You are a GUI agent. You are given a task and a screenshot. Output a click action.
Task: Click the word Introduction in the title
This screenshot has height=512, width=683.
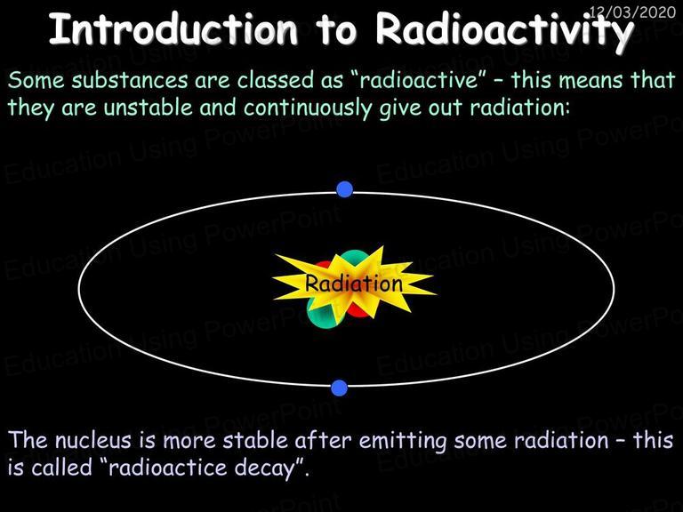(173, 28)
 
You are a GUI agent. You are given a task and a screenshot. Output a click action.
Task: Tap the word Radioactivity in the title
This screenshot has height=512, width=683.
(504, 31)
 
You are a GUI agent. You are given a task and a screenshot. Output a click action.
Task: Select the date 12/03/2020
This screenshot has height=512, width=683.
(633, 12)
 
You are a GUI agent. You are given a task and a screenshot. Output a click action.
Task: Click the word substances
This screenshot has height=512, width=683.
(130, 80)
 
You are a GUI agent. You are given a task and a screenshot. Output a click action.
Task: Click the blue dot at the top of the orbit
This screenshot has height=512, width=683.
(344, 189)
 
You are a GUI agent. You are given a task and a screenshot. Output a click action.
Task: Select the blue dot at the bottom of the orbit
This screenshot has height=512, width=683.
(340, 388)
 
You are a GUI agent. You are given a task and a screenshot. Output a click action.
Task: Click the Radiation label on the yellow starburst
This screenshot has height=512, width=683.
(354, 284)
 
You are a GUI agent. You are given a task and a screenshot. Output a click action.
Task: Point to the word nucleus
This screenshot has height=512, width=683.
(92, 440)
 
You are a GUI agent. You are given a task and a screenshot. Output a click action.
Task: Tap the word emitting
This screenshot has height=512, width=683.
(403, 442)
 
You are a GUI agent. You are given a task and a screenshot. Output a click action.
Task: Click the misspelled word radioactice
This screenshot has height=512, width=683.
(168, 468)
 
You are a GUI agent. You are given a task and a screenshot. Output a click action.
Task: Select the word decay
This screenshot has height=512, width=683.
(267, 469)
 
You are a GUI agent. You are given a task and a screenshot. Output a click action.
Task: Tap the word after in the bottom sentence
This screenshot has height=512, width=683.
(323, 440)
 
